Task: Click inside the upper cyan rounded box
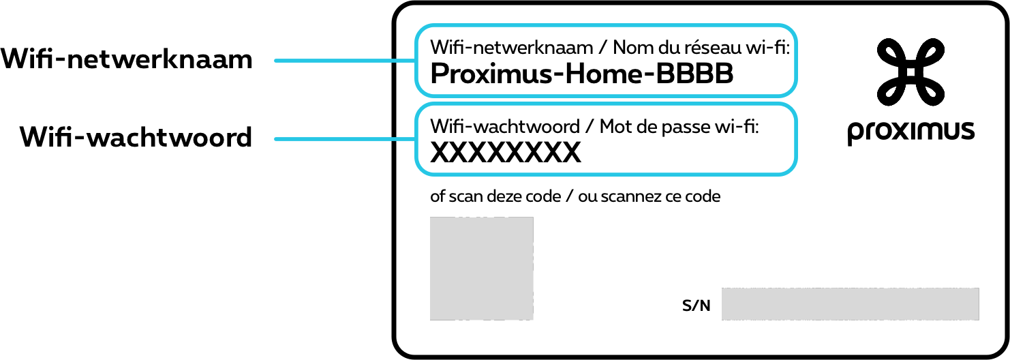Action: coord(606,61)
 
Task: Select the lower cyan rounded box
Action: coord(606,139)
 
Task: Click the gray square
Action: coord(481,269)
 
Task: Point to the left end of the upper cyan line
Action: coord(275,61)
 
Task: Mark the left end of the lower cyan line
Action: coord(275,139)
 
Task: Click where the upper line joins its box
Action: coord(416,61)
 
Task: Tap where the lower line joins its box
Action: coord(416,139)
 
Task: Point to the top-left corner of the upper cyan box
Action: coord(420,30)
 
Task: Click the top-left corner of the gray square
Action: coord(431,218)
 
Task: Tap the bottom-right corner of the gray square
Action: coord(532,319)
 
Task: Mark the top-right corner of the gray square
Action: coord(532,218)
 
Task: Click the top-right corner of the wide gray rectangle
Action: coord(978,289)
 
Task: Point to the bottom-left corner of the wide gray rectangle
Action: coord(722,319)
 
